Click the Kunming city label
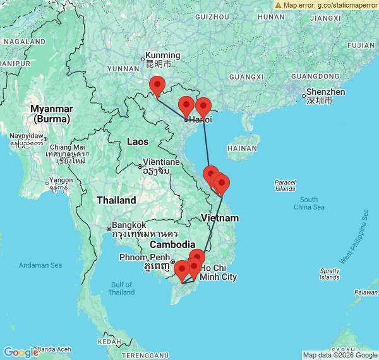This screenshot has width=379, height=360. tap(162, 56)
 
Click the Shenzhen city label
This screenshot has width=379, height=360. tap(325, 92)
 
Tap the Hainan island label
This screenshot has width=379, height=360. tap(242, 148)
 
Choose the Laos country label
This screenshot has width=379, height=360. tap(138, 141)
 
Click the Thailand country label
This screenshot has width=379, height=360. tap(116, 200)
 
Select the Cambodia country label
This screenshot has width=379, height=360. tap(172, 244)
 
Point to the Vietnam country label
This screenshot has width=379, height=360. tap(220, 218)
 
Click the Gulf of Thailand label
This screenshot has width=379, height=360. tap(121, 288)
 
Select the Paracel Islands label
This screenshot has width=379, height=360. tap(285, 186)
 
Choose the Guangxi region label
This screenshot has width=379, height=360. tap(246, 76)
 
